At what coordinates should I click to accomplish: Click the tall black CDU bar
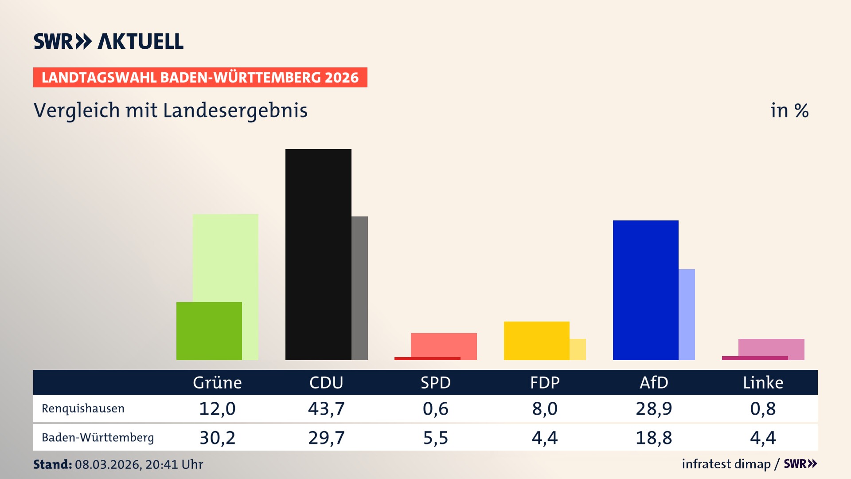[x=318, y=254]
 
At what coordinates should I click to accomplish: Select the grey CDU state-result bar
[x=359, y=288]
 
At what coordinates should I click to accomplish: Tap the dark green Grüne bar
[x=209, y=331]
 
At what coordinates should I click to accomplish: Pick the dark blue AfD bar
[x=645, y=290]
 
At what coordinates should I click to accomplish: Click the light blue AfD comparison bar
[x=687, y=314]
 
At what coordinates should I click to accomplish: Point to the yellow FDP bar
[x=536, y=341]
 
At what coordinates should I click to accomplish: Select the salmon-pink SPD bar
[x=444, y=345]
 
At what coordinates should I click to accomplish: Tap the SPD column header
[x=435, y=383]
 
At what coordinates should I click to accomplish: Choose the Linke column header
[x=763, y=383]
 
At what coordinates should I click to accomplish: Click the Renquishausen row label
[x=83, y=408]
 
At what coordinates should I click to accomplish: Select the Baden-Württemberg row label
[x=98, y=438]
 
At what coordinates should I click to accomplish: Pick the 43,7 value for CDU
[x=326, y=408]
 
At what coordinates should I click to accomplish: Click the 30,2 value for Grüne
[x=217, y=438]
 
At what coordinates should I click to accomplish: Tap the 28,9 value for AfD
[x=654, y=408]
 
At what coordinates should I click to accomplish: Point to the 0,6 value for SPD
[x=435, y=408]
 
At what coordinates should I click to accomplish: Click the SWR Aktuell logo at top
[x=108, y=41]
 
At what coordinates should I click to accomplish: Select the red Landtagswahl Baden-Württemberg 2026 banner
[x=200, y=78]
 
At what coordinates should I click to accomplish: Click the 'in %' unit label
[x=789, y=110]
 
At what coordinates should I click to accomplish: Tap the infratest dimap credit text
[x=726, y=464]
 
